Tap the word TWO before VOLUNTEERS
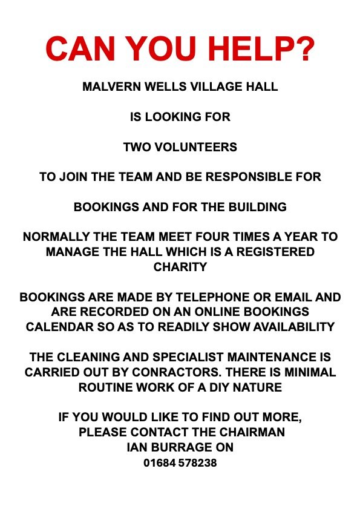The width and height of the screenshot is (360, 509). [x=136, y=147]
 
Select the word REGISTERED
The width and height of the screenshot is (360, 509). [x=278, y=252]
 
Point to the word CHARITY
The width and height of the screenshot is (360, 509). [x=180, y=266]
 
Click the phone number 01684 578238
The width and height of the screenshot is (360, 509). [x=180, y=464]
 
